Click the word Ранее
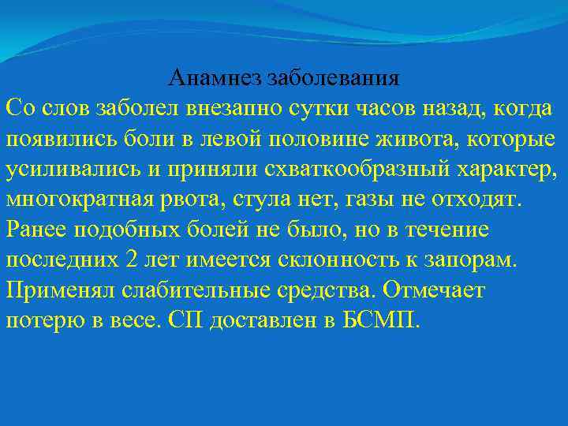35,230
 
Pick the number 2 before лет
130,260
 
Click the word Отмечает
435,290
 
